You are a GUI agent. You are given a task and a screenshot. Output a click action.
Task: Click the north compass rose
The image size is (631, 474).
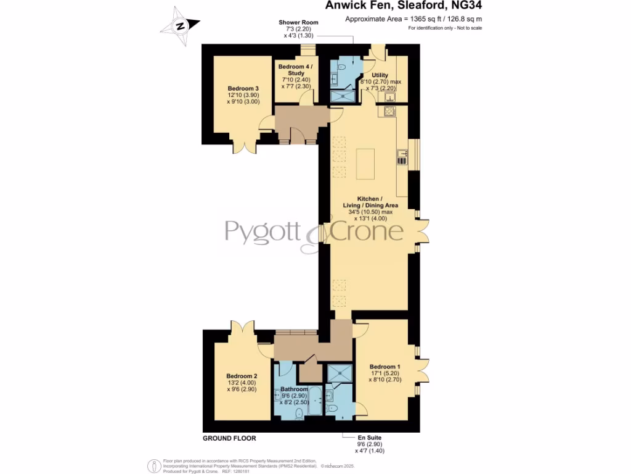point(180,26)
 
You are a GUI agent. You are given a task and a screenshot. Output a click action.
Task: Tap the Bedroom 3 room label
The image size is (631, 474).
point(243,89)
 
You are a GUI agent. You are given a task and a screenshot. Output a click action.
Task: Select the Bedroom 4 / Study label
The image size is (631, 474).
point(296,70)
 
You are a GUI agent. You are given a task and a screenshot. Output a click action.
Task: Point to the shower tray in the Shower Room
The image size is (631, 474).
point(342,96)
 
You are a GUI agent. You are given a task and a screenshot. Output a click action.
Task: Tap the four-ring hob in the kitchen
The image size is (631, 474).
point(389,112)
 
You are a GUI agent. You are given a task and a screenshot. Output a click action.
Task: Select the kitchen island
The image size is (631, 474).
point(365,162)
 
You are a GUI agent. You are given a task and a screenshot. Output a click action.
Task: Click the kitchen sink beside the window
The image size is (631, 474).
point(401,157)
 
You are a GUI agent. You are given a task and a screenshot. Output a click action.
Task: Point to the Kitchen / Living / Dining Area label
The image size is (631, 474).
point(370,201)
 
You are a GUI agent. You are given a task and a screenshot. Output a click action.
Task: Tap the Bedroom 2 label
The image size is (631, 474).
point(242,376)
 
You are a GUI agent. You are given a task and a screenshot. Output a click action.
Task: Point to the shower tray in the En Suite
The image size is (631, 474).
point(338,373)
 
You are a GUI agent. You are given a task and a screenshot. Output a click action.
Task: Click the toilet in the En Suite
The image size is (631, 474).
point(333,408)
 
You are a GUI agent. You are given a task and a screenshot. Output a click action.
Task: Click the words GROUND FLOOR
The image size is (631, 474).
point(229,438)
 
